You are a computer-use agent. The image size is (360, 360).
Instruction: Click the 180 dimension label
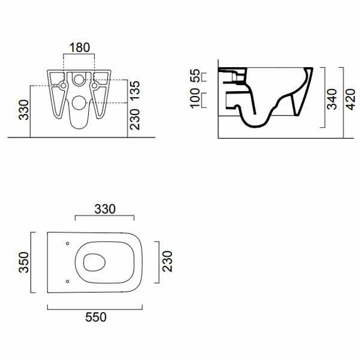(79, 47)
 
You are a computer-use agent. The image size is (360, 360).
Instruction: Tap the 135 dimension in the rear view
(135, 90)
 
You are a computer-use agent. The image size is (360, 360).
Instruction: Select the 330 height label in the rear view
(24, 110)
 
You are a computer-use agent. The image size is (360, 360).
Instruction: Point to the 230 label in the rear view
(135, 119)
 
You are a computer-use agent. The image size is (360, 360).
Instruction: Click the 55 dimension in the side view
(195, 76)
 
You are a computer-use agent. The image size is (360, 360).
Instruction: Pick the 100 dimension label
(195, 98)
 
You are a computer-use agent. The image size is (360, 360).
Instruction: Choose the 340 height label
(332, 99)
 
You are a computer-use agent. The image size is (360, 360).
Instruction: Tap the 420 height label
(350, 99)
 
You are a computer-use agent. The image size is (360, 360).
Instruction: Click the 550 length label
(96, 317)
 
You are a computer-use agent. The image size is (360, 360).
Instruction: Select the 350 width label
(24, 262)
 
